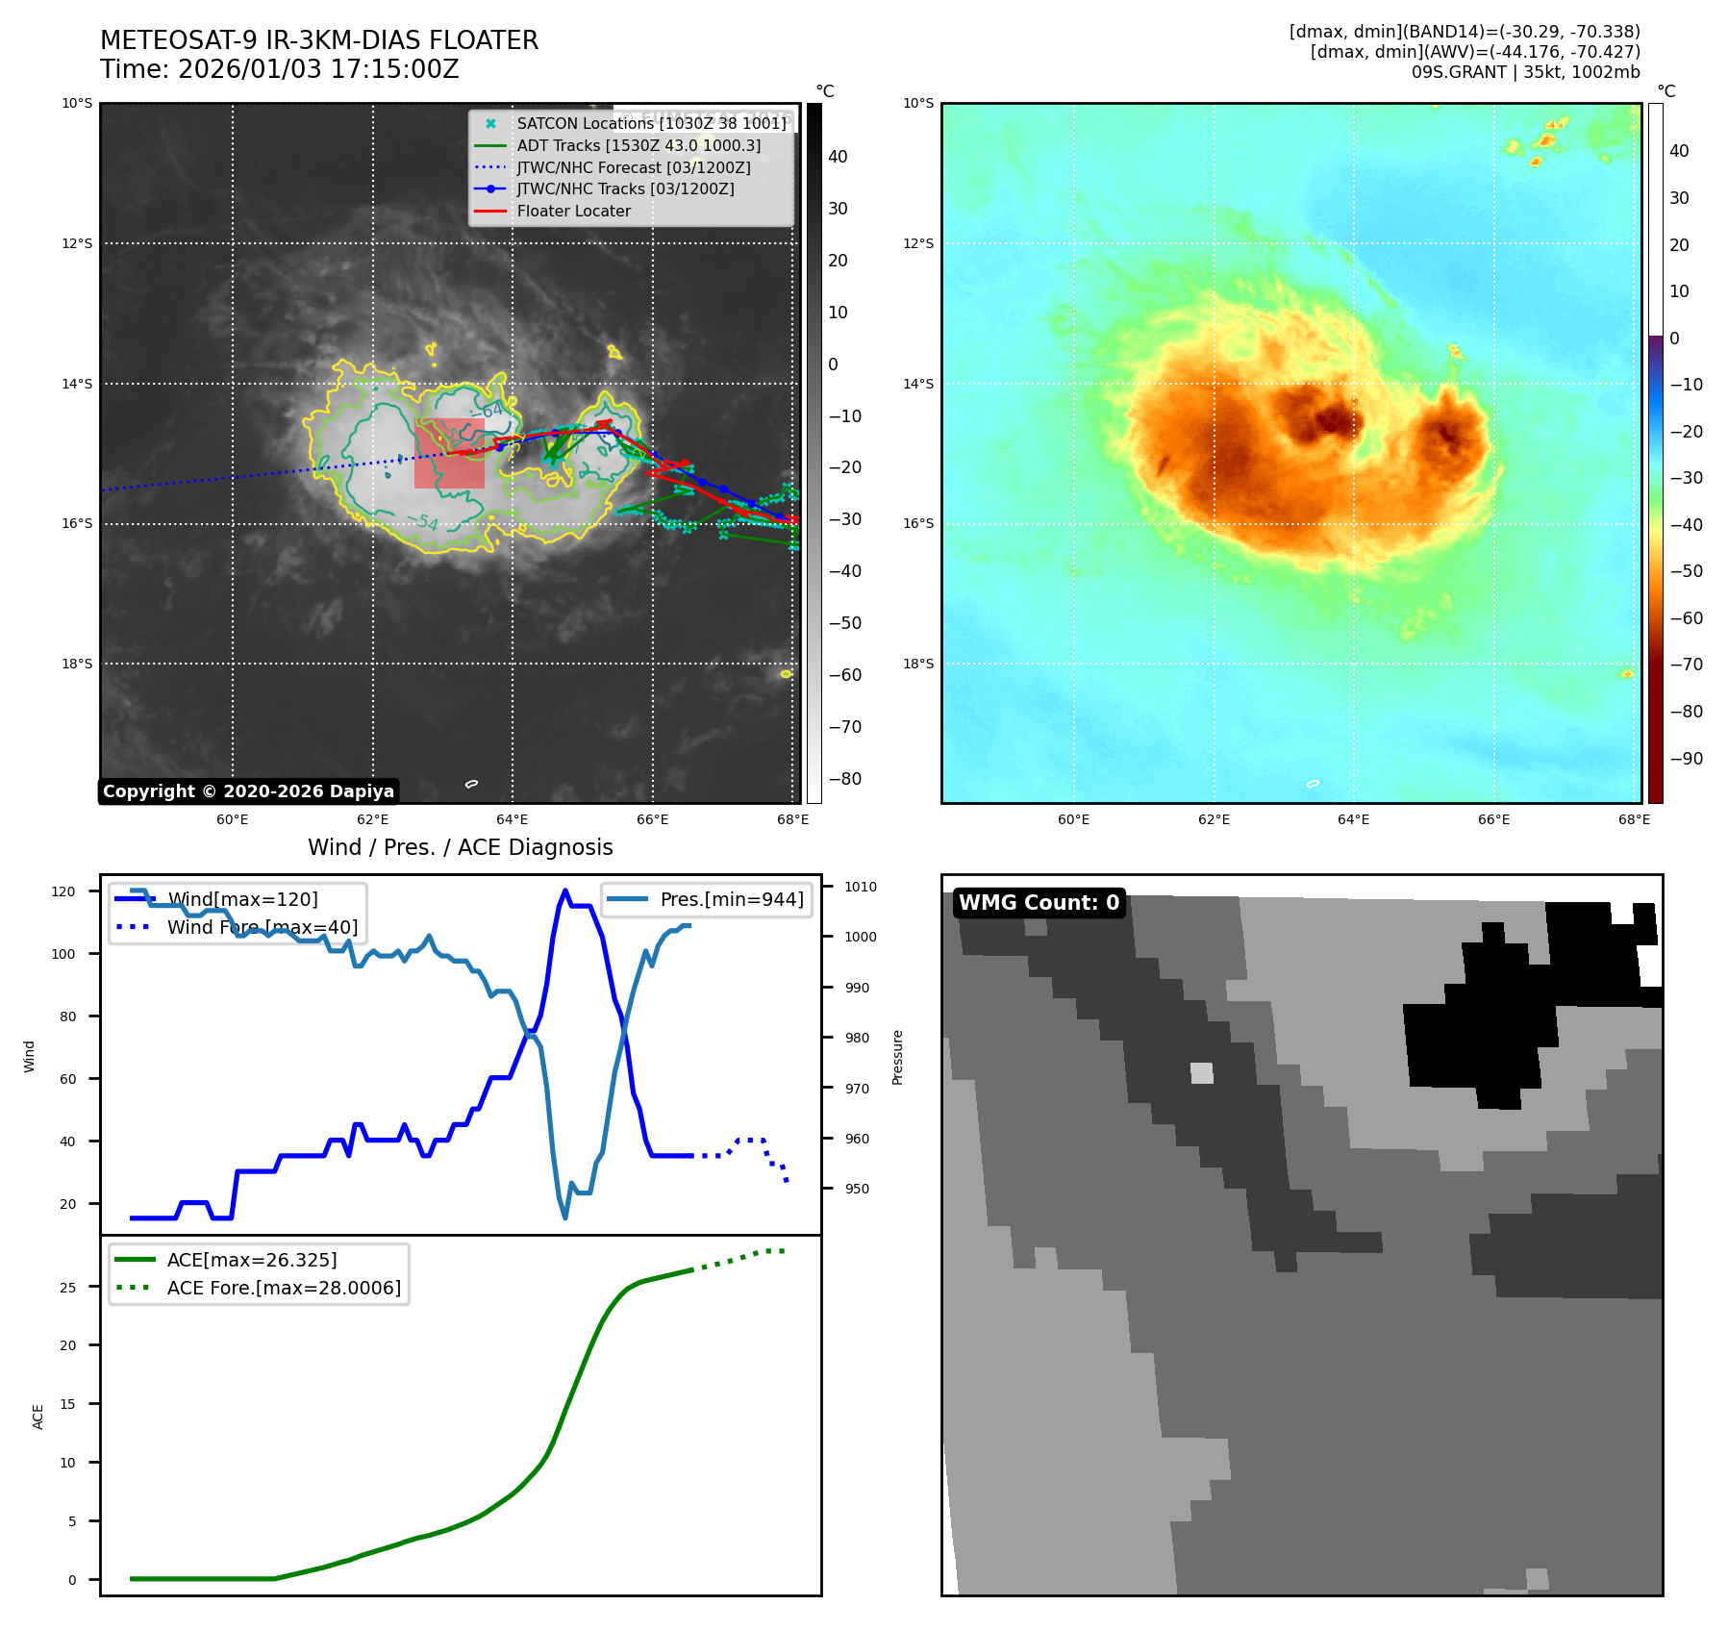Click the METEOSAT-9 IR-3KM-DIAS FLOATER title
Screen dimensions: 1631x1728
pos(318,40)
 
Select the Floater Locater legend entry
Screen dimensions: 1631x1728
pos(573,212)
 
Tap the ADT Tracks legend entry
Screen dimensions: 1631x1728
pos(639,146)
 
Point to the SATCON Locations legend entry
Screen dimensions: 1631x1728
pos(651,124)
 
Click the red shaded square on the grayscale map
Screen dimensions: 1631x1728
pos(449,453)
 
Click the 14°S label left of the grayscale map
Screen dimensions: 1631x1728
pos(77,384)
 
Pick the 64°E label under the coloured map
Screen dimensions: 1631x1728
pos(1353,820)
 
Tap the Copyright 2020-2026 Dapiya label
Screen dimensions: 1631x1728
pos(248,791)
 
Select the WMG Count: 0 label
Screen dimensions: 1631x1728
pos(1039,903)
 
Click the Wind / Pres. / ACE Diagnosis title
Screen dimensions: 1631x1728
pos(460,847)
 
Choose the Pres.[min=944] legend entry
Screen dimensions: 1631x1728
pos(731,900)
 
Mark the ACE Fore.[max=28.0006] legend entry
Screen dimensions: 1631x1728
pos(284,1288)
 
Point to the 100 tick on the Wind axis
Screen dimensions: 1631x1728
pos(63,954)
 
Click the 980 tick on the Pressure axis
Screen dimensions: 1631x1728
pos(857,1038)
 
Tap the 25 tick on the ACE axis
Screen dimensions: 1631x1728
pos(68,1288)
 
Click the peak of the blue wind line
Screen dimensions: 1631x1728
pos(565,891)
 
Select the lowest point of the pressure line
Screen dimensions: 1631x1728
pos(565,1217)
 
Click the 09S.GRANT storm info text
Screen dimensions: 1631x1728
pos(1525,72)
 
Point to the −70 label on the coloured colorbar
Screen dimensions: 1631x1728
pos(1686,665)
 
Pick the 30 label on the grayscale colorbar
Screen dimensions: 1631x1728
pos(838,209)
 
